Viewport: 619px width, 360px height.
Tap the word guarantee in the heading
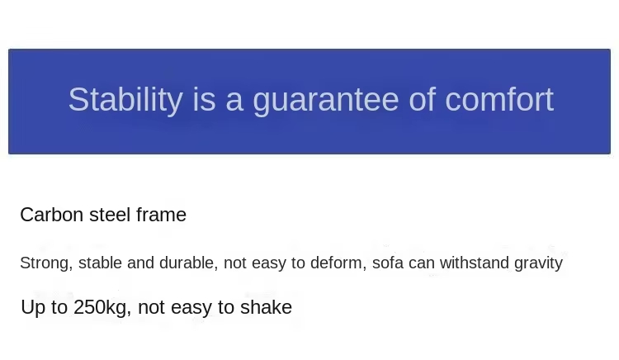326,102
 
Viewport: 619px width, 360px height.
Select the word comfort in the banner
499,99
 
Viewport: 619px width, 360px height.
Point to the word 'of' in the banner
422,99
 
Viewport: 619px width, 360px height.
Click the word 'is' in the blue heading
204,99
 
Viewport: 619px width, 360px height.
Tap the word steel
110,215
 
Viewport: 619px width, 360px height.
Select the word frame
161,215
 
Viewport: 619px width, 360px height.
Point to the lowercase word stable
100,263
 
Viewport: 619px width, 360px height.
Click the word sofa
388,263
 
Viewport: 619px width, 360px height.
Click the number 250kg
102,308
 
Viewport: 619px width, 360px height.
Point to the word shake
266,307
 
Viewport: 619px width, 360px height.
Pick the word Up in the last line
33,308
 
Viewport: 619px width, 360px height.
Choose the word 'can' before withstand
422,263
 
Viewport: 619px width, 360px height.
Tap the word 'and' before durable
140,263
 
